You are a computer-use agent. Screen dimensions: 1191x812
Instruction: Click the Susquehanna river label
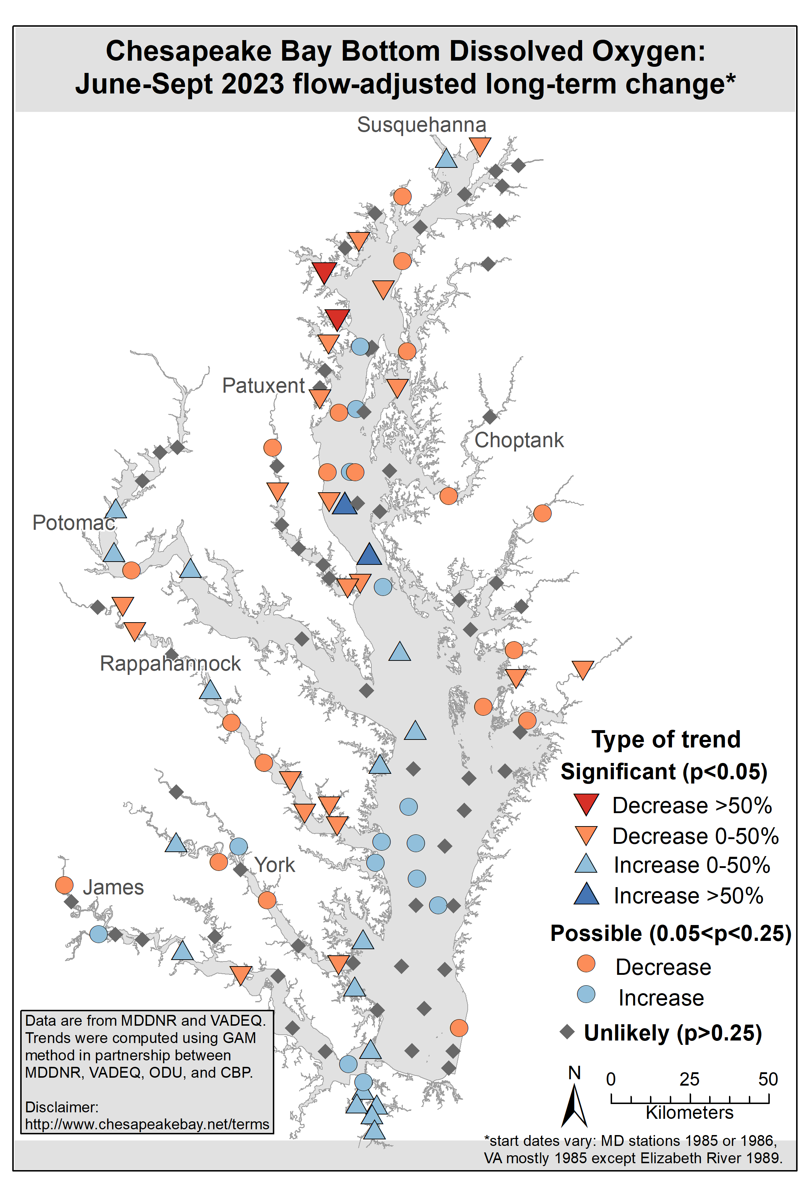[421, 125]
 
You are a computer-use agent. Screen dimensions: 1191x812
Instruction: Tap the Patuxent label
[263, 385]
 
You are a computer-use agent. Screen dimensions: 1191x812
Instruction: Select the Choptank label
[519, 440]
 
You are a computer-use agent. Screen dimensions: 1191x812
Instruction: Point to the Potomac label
[73, 523]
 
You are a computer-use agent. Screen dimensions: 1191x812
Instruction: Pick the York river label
[275, 865]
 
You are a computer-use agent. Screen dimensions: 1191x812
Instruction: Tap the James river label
[113, 887]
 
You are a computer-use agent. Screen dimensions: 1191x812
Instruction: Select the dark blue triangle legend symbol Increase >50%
[586, 895]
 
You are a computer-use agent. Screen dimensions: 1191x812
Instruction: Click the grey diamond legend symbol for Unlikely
[567, 1031]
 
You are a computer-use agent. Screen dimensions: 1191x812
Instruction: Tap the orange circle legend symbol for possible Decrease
[586, 964]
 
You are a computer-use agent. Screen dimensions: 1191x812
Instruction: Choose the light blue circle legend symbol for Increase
[586, 994]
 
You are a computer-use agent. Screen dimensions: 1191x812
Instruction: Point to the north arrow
[575, 1102]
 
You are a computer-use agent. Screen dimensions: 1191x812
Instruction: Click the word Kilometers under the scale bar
[690, 1113]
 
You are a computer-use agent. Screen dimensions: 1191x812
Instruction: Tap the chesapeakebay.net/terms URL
[147, 1124]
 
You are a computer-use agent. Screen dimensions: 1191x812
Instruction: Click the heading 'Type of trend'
[666, 740]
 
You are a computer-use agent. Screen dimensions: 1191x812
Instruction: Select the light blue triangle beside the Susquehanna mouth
[446, 159]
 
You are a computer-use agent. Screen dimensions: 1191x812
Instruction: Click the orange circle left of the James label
[64, 885]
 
